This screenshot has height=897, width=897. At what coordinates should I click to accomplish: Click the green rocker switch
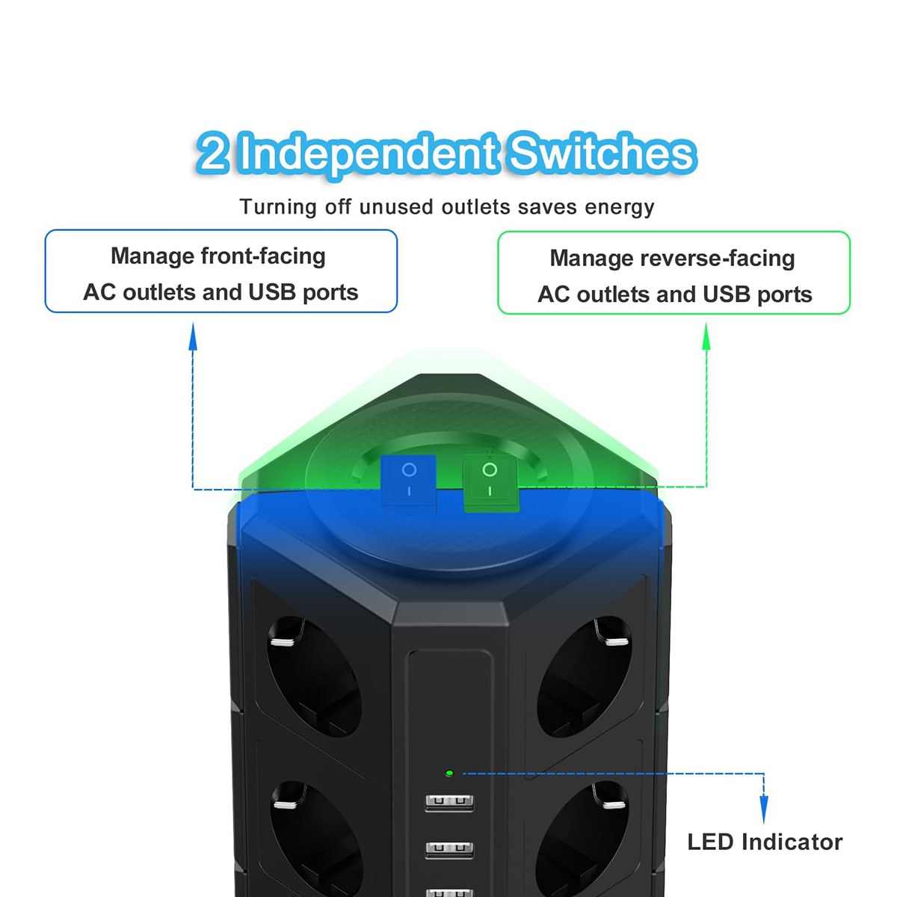pos(490,483)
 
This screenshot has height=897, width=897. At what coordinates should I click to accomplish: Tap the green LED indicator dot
pos(449,773)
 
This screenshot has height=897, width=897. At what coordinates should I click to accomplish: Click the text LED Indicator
pos(765,842)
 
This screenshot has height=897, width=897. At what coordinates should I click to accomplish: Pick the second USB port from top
pos(449,848)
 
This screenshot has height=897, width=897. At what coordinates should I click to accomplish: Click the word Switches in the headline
pos(602,153)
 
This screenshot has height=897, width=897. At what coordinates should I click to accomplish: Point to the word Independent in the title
pos(369,155)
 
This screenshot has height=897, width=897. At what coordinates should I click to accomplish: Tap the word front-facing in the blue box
pos(263,256)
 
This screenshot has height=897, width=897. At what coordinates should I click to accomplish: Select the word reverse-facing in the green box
pos(718,259)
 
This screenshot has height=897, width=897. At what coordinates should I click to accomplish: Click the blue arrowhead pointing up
pos(193,336)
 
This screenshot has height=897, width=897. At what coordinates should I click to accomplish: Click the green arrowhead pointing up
pos(706,336)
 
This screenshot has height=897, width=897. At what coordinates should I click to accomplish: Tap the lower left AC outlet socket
pos(315,838)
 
